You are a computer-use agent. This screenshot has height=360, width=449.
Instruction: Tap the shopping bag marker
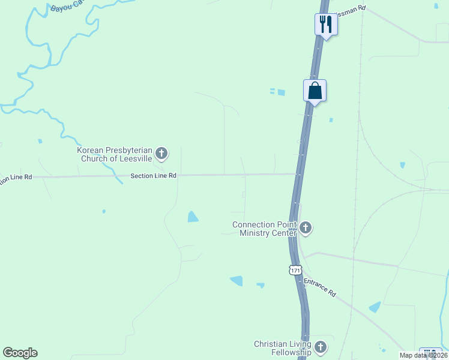point(315,91)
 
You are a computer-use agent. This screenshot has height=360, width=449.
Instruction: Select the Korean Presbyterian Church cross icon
point(161,154)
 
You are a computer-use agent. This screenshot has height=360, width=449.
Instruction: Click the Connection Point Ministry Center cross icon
point(306,228)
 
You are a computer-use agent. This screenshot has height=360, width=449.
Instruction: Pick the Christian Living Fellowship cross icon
point(321,347)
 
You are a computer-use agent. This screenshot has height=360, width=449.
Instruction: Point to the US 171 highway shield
point(295,270)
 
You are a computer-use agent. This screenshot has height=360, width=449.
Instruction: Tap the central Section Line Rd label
point(154,176)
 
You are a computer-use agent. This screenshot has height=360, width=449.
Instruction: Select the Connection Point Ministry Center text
point(265,229)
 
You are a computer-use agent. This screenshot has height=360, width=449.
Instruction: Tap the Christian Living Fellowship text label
point(282,348)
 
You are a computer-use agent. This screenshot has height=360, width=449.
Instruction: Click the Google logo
point(20,353)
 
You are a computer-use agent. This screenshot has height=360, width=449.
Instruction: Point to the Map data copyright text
point(424,355)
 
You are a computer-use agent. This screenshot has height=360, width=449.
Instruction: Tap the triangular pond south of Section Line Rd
point(193,217)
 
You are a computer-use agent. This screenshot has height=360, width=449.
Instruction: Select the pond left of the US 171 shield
point(237,280)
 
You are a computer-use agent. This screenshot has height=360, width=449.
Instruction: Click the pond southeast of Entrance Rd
point(375,307)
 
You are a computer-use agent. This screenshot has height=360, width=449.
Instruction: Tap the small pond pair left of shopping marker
point(277,92)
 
